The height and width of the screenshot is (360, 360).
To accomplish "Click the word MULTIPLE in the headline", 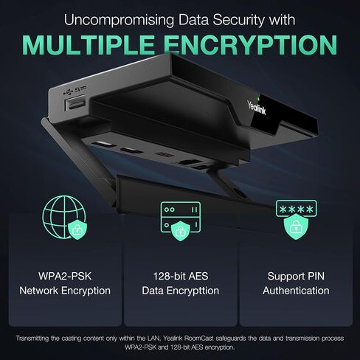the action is pyautogui.click(x=89, y=45).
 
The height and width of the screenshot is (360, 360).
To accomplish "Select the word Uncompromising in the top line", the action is pyautogui.click(x=119, y=20).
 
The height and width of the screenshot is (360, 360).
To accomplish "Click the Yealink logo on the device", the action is pyautogui.click(x=257, y=108).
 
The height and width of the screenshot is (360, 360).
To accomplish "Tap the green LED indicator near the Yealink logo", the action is pyautogui.click(x=258, y=99).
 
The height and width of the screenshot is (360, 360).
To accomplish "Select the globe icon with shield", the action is pyautogui.click(x=65, y=218).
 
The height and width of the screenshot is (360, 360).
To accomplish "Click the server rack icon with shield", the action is pyautogui.click(x=181, y=221).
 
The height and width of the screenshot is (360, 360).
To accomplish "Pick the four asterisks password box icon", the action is pyautogui.click(x=297, y=208).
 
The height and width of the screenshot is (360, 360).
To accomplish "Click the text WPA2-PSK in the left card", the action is pyautogui.click(x=65, y=276).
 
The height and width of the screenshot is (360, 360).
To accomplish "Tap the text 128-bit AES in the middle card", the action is pyautogui.click(x=181, y=276).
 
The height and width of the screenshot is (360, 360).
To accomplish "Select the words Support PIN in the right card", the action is pyautogui.click(x=296, y=276).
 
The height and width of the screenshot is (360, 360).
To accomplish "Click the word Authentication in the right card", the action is pyautogui.click(x=296, y=291).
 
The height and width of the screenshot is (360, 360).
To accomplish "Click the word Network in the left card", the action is pyautogui.click(x=38, y=291).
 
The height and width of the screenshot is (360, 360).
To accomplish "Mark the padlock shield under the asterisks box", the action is pyautogui.click(x=296, y=227).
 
